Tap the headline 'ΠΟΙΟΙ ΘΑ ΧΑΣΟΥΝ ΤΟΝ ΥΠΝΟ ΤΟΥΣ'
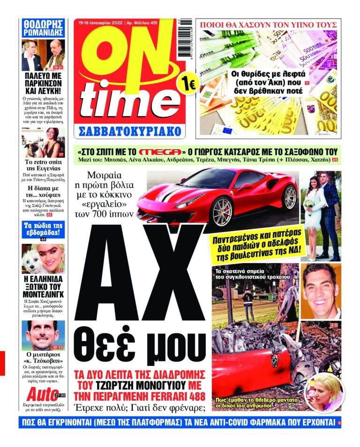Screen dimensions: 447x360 [x=268, y=24]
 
